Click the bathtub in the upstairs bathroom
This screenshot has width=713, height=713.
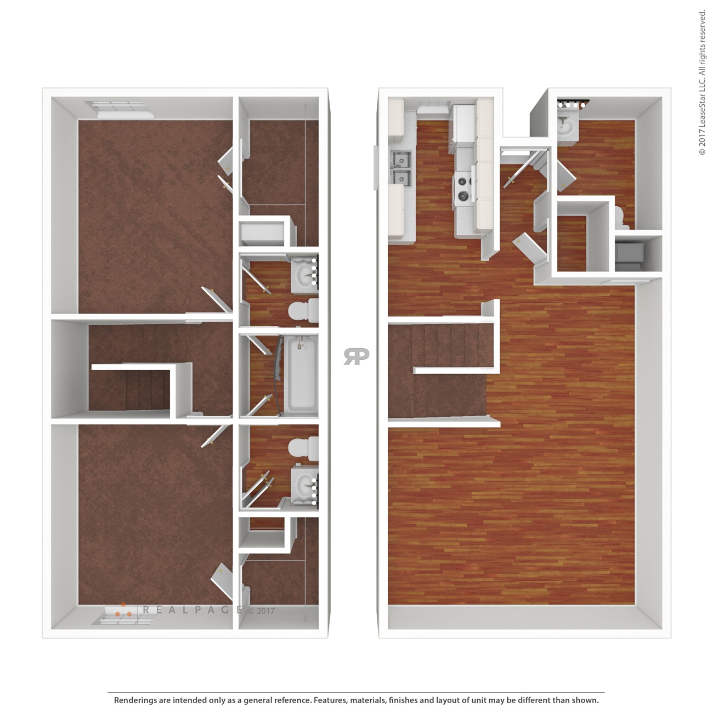[x=301, y=374]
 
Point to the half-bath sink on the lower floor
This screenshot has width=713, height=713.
[x=565, y=127]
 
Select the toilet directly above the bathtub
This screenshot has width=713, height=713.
[x=303, y=310]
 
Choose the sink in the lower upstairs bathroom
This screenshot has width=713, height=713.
[x=304, y=485]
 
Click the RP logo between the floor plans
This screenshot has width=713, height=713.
[x=356, y=356]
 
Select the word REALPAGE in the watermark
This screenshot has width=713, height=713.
[x=193, y=609]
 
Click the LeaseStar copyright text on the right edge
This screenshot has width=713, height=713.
[x=702, y=82]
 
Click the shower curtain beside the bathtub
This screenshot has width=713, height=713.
[x=278, y=374]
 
